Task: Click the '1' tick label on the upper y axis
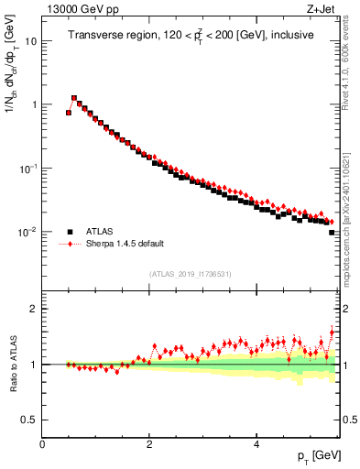pos(34,104)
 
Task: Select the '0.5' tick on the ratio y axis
pos(29,420)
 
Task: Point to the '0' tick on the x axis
pos(43,444)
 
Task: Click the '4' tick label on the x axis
pos(256,444)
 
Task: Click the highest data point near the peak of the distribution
pos(74,98)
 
